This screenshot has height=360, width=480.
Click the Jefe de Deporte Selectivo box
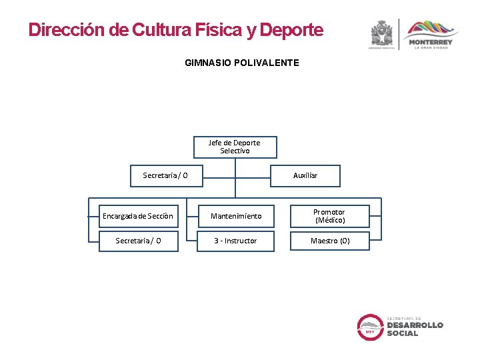tap(234, 147)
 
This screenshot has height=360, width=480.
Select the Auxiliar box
tap(305, 175)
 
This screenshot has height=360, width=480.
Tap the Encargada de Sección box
tap(137, 216)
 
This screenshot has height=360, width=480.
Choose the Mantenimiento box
tap(236, 216)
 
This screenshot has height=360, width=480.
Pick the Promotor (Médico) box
tap(329, 216)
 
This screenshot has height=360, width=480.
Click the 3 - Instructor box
tap(235, 241)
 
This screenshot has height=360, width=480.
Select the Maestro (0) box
tap(329, 241)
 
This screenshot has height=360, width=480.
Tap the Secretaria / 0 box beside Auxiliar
tap(165, 175)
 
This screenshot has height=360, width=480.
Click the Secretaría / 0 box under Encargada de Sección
tap(138, 241)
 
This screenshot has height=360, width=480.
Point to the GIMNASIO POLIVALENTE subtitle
tap(242, 63)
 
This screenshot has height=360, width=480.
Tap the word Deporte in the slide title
tap(291, 30)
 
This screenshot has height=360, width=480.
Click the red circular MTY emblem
tap(370, 327)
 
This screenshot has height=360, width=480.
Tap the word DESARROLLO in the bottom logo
tap(415, 325)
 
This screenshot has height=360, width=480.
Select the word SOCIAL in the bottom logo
tap(403, 333)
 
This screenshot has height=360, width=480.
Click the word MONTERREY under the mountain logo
tap(430, 42)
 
